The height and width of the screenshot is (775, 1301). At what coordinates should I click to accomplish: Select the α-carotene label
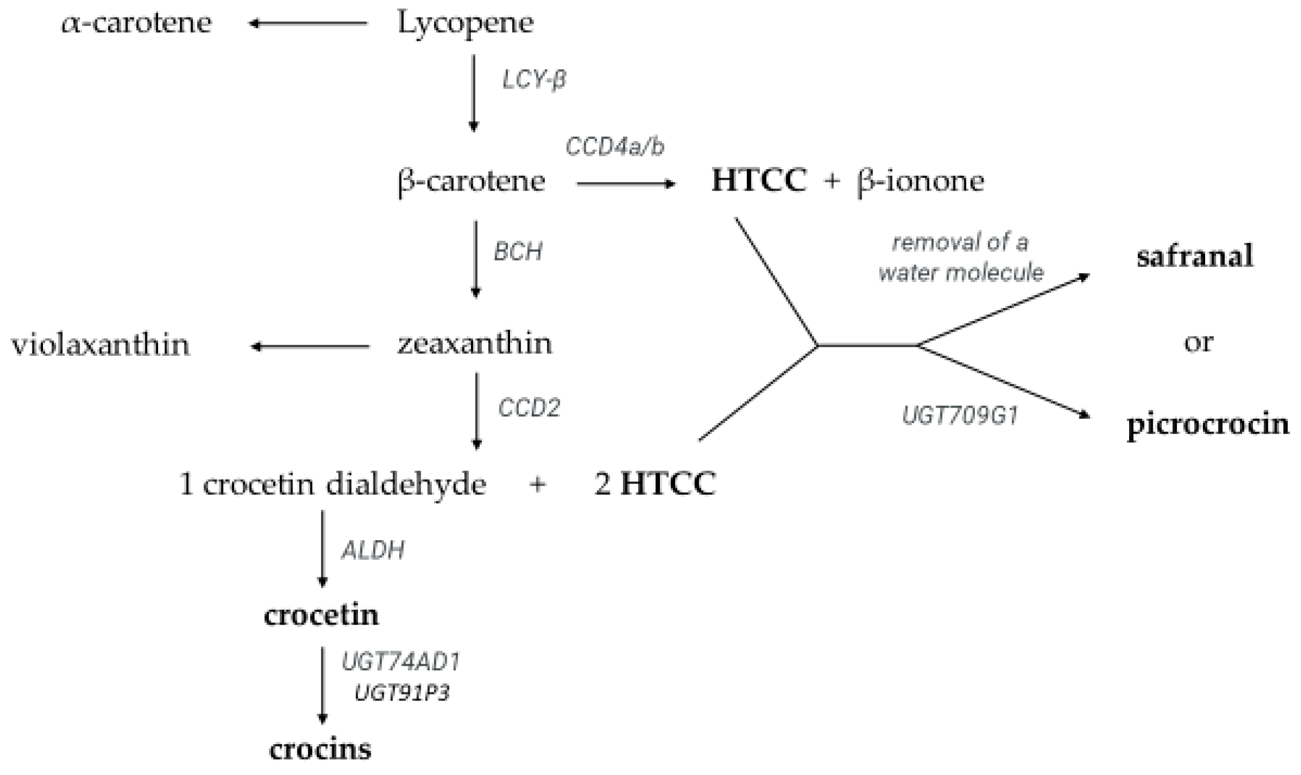[x=137, y=23]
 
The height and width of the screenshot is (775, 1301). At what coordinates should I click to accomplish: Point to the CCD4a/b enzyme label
[x=615, y=147]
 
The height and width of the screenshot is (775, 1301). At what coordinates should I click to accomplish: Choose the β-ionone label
[x=920, y=181]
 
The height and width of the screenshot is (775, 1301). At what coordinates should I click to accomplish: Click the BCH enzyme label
[x=518, y=252]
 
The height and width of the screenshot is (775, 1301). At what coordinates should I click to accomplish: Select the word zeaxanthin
[x=475, y=344]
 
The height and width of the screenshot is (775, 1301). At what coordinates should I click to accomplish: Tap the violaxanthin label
[x=100, y=345]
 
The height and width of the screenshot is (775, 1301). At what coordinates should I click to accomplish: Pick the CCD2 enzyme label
[x=529, y=408]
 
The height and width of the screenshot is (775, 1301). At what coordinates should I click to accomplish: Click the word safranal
[x=1195, y=257]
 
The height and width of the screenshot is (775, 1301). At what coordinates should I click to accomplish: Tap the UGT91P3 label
[x=402, y=693]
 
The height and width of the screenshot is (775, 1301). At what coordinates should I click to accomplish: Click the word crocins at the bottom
[x=320, y=749]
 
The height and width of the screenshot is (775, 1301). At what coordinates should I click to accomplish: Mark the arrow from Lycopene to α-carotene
[x=308, y=24]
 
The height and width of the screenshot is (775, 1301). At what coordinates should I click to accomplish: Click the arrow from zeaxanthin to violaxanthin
[x=310, y=346]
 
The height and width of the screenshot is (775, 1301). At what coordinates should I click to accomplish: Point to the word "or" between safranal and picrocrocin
[x=1198, y=343]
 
